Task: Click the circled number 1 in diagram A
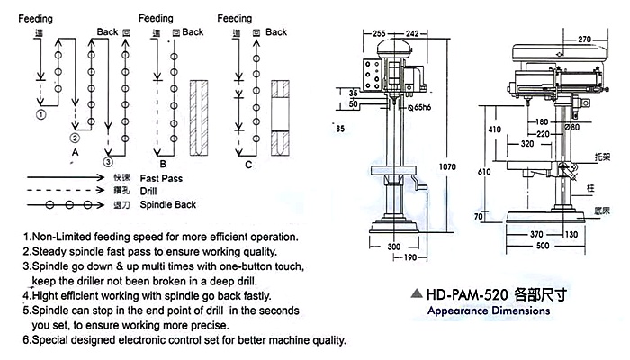tap(40, 115)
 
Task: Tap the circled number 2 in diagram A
tap(75, 139)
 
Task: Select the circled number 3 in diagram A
tap(109, 163)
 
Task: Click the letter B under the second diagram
tap(162, 165)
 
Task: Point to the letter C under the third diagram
tap(248, 165)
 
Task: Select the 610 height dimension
tap(484, 171)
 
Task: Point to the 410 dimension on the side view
tap(494, 129)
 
